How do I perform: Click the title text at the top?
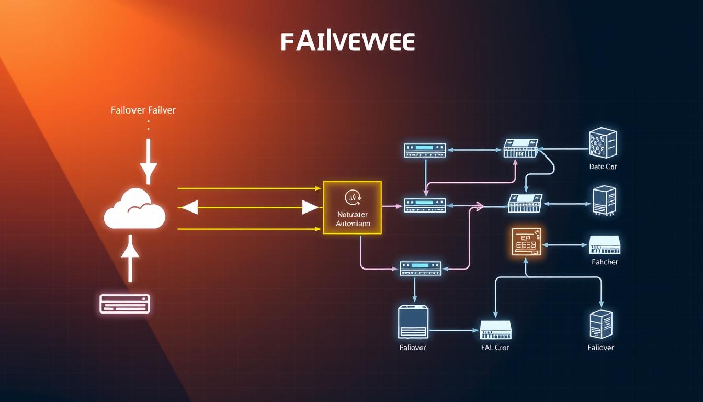point(347,42)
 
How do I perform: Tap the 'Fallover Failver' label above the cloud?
point(143,110)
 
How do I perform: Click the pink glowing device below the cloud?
point(124,304)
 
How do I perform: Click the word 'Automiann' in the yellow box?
point(353,224)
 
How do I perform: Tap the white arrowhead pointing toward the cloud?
point(189,208)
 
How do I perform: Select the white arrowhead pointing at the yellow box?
point(310,208)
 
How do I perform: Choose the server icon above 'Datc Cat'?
point(603,143)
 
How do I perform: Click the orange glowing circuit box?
point(526,242)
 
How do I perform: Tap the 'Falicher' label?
point(605,262)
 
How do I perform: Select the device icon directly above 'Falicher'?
point(604,244)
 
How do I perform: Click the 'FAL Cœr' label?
point(494,348)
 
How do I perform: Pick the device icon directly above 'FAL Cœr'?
point(495,330)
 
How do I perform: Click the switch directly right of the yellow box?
point(425,205)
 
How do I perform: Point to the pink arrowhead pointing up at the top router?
point(516,162)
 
